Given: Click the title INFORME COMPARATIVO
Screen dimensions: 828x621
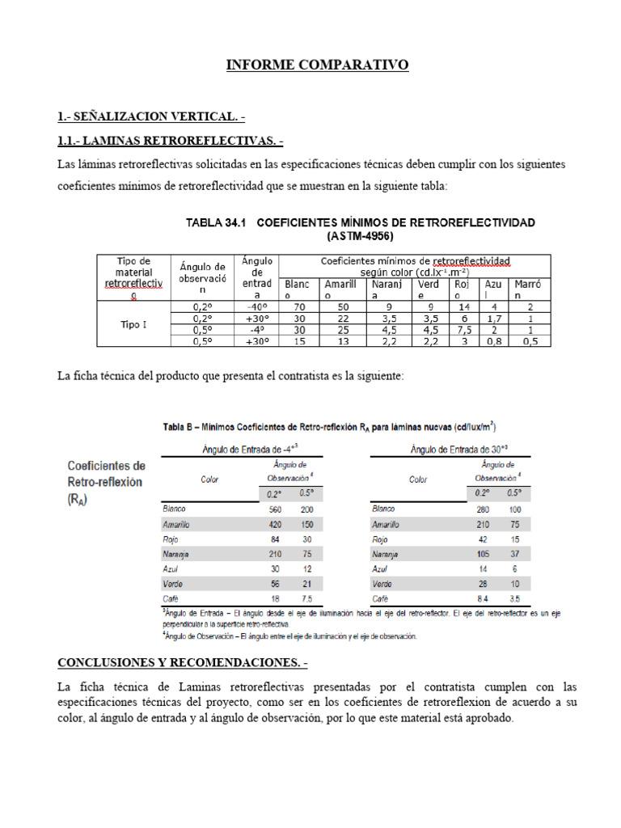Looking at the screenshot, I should [317, 65].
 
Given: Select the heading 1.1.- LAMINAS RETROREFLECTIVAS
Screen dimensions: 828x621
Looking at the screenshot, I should [171, 141].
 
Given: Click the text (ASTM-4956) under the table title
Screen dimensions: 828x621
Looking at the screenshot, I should [360, 237].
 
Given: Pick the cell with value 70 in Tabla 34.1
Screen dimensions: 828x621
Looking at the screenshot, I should [298, 307].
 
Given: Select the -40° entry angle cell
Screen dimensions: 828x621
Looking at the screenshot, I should [257, 307].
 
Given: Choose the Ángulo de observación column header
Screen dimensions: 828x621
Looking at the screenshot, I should [201, 277].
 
